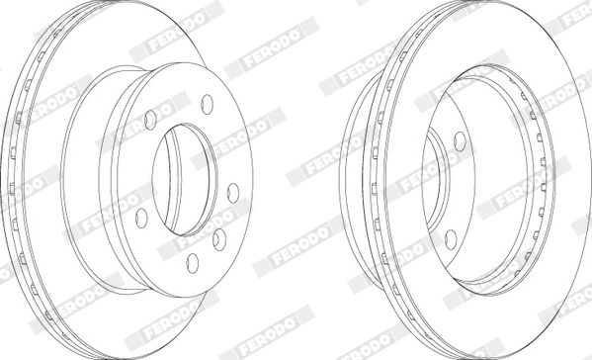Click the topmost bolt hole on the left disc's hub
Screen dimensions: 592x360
pos(207,104)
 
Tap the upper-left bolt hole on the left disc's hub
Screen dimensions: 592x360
pos(150,120)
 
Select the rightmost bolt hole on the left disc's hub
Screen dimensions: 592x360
pos(233,193)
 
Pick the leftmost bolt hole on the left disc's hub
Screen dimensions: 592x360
pos(141,218)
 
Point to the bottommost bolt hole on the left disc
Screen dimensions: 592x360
pos(193,263)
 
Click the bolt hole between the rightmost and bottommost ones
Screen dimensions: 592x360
pos(219,239)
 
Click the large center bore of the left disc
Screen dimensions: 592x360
pos(185,180)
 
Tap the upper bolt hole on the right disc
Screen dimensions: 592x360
pos(460,141)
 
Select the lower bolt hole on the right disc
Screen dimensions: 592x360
pos(451,239)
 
